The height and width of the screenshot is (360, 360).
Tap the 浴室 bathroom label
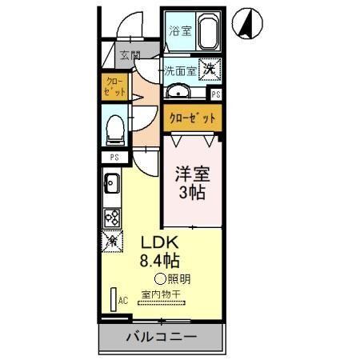tap(180, 31)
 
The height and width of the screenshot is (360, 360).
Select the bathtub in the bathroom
tap(208, 33)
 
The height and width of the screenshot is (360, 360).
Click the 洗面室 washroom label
tap(181, 70)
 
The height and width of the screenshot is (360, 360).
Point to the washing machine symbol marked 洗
tap(210, 70)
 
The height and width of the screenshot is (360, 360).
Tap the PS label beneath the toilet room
tap(114, 158)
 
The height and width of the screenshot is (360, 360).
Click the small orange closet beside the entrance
tap(115, 86)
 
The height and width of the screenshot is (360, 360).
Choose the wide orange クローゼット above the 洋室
tap(192, 118)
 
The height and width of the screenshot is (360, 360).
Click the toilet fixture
tap(115, 126)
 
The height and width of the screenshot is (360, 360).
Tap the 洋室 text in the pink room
tap(192, 172)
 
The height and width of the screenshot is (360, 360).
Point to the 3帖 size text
tap(192, 193)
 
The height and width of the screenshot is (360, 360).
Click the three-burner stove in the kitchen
tap(112, 216)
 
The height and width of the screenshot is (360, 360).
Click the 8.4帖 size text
tap(160, 259)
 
